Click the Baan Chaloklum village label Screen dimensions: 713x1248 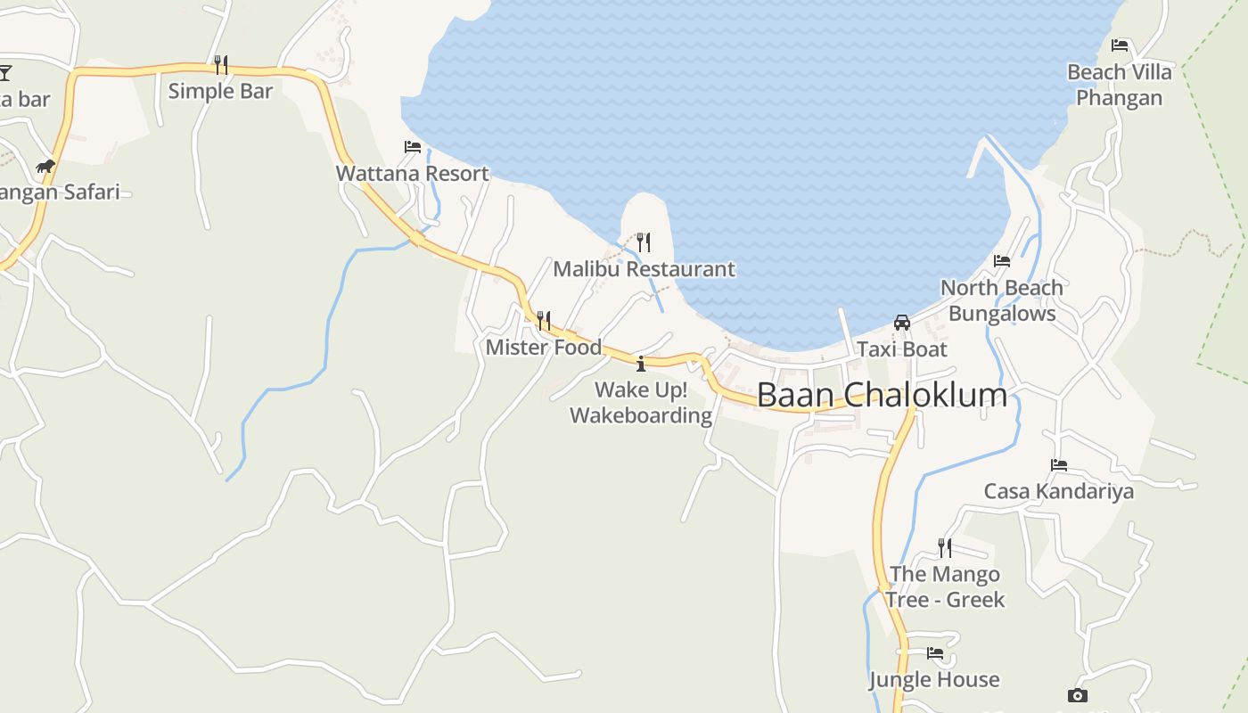coord(882,395)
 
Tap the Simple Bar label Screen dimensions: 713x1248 coord(220,91)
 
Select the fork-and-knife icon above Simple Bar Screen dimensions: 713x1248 coord(220,64)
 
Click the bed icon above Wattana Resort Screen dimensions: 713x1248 coord(413,147)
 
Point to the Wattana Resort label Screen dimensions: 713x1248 coord(413,173)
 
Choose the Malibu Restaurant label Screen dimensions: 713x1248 coord(645,269)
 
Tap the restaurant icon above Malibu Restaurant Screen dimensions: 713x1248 coord(644,242)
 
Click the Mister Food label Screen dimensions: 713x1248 coord(544,347)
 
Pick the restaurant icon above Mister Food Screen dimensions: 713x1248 coord(543,320)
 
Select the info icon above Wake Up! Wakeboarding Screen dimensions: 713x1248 coord(641,364)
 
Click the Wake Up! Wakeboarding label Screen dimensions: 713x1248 coord(641,403)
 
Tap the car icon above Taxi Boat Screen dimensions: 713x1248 coord(902,323)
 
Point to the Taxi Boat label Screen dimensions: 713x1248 coord(902,349)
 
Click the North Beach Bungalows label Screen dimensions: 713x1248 coord(1002,300)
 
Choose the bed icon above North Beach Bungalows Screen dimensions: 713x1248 coord(1002,261)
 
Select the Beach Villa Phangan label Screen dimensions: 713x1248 coord(1120,85)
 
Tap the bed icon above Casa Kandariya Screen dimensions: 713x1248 coord(1059,465)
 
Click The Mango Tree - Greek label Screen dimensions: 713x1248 coord(945,586)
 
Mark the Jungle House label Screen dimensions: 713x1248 coord(934,680)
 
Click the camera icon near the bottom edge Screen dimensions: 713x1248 coord(1077,696)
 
